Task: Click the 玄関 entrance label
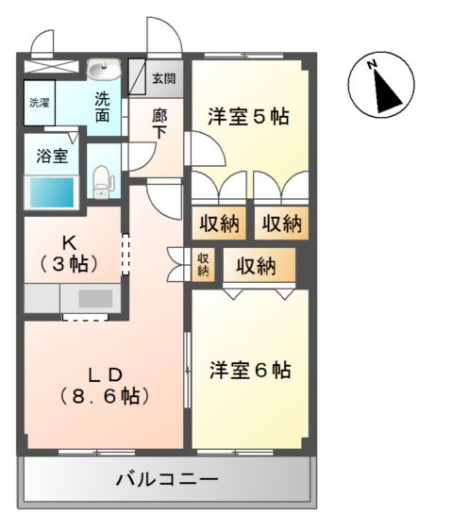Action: click(x=163, y=78)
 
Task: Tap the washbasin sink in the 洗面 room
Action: click(x=104, y=70)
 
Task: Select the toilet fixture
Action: click(x=101, y=182)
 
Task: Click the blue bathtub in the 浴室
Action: click(x=52, y=192)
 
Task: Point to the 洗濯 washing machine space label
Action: click(x=40, y=103)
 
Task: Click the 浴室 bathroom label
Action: click(x=52, y=157)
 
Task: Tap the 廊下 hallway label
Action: click(x=159, y=124)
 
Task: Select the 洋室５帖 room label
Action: click(x=248, y=116)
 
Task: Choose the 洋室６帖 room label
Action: click(x=250, y=370)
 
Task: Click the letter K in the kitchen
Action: click(x=69, y=242)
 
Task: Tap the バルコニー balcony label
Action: click(x=167, y=479)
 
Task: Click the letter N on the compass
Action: click(x=372, y=64)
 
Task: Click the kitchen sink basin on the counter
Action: click(x=95, y=299)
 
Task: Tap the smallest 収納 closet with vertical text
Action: click(x=203, y=264)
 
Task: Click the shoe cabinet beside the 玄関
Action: click(x=137, y=76)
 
